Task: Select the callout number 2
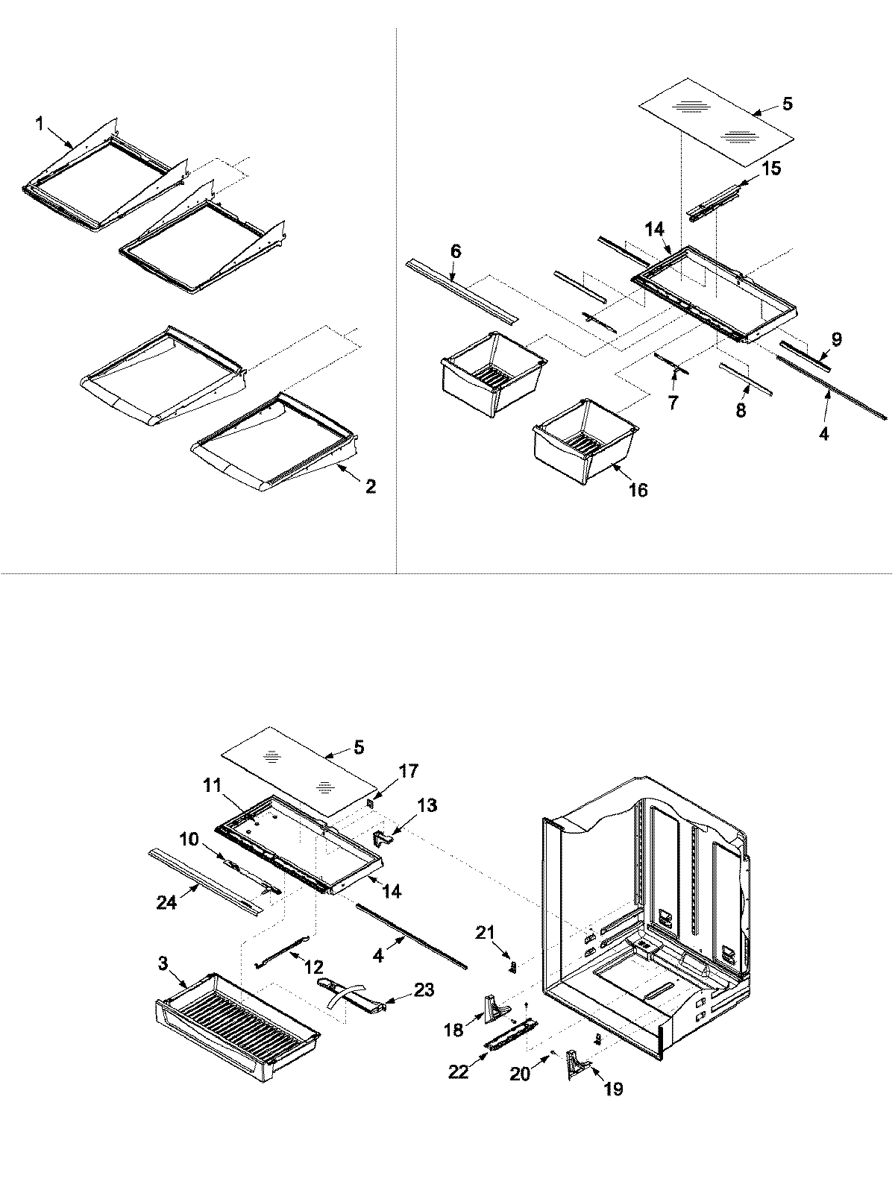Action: pos(370,488)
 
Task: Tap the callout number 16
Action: pos(638,490)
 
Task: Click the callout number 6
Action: pos(456,252)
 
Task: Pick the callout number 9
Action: pos(836,340)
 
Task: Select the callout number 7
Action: pos(673,403)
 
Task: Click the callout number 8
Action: pos(741,410)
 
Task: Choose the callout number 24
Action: pos(166,903)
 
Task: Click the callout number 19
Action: pos(613,1089)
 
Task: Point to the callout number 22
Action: pos(459,1071)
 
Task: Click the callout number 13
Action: pos(427,805)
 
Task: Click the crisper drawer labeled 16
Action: pos(585,444)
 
